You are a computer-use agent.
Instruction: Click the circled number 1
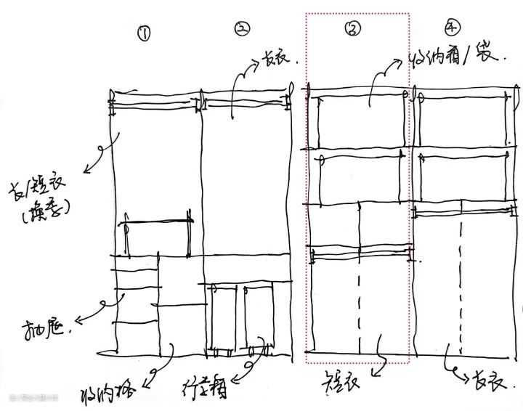145,34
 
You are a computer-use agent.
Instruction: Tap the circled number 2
242,29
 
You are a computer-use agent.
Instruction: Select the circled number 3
354,28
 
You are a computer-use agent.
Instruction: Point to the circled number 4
453,28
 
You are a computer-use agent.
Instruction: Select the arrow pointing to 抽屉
96,304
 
